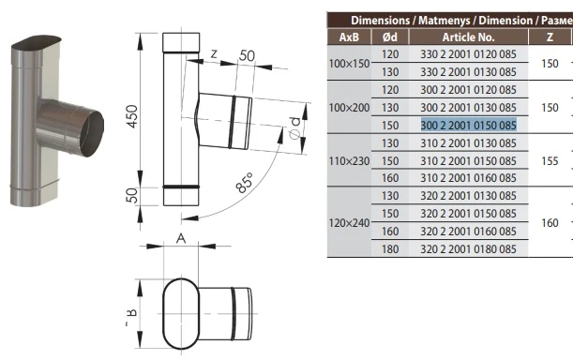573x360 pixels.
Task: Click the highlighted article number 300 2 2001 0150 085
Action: [x=469, y=125]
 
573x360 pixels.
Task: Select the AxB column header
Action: [x=349, y=37]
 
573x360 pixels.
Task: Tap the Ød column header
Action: [x=390, y=37]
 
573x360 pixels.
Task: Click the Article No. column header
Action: [x=469, y=37]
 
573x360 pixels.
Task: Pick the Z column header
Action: [x=550, y=37]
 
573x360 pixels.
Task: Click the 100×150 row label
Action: [x=350, y=64]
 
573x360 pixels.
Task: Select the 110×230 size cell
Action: [x=350, y=161]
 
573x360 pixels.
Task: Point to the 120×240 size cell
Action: [x=350, y=222]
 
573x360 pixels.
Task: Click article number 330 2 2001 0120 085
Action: [x=469, y=54]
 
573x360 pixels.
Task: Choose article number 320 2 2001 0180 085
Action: [x=469, y=248]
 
